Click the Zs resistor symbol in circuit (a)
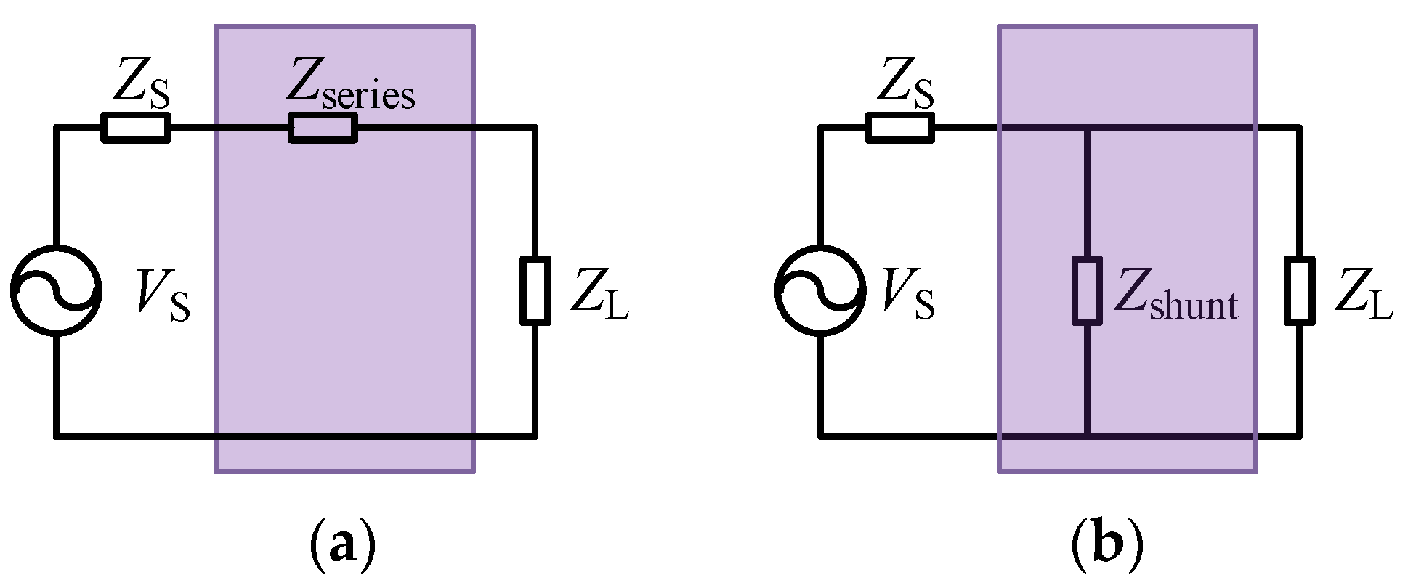click(x=135, y=128)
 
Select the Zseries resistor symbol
click(x=323, y=128)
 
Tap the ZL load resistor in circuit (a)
click(x=535, y=290)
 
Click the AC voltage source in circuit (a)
click(x=56, y=290)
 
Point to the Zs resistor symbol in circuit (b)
click(x=900, y=128)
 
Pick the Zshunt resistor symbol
click(x=1087, y=290)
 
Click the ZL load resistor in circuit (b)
click(x=1299, y=290)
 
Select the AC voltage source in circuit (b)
click(x=820, y=290)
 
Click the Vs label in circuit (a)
click(x=163, y=294)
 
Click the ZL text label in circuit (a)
click(x=599, y=294)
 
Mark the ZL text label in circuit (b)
click(x=1364, y=294)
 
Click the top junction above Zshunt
click(x=1087, y=128)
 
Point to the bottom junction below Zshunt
click(x=1087, y=436)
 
